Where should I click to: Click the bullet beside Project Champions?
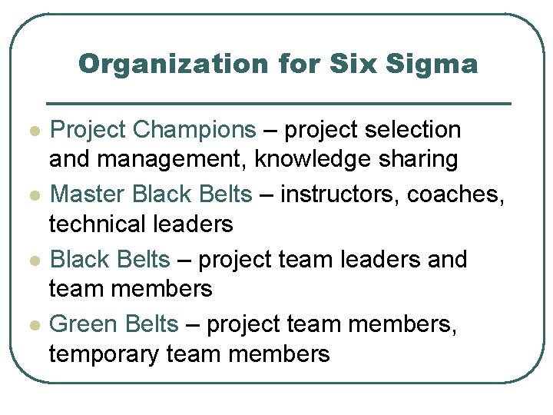(x=30, y=131)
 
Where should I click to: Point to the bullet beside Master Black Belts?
(x=30, y=195)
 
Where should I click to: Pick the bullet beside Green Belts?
(x=30, y=325)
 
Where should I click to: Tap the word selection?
(x=420, y=130)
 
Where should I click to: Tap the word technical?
(x=98, y=224)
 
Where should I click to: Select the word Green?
(x=81, y=324)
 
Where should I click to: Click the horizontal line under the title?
(x=279, y=103)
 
